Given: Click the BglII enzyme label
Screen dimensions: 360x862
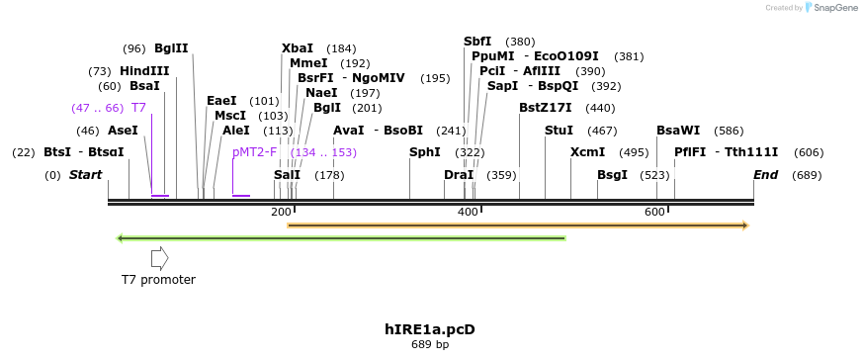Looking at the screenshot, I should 171,47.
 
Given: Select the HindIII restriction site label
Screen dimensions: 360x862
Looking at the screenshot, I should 144,71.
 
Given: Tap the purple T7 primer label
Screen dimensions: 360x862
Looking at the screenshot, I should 138,107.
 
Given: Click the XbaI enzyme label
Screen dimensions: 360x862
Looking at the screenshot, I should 298,47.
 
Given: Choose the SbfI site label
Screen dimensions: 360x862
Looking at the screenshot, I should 477,41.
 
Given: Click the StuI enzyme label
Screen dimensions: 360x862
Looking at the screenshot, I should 559,130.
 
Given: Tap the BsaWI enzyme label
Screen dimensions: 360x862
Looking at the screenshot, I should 678,130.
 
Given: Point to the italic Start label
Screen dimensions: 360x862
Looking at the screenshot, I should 85,175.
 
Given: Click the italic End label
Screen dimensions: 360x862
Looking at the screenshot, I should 766,175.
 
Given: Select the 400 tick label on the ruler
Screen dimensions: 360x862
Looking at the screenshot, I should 468,213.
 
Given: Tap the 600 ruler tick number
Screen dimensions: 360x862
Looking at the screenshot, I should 655,213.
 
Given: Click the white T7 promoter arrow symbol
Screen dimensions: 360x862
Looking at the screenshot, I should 159,258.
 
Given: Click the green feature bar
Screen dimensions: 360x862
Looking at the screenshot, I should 341,238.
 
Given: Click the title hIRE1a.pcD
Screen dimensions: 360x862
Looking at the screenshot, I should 430,328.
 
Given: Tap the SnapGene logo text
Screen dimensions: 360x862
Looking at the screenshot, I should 835,8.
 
